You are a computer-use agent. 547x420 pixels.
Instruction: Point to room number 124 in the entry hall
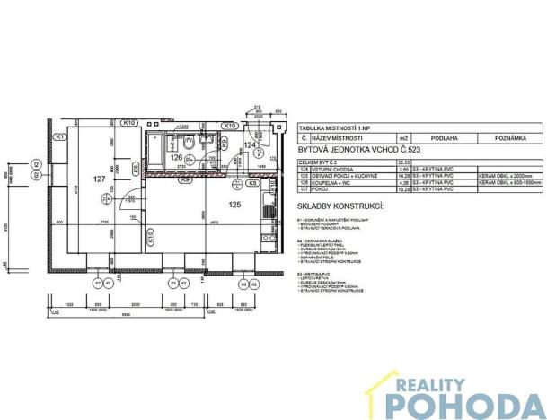[x=251, y=144]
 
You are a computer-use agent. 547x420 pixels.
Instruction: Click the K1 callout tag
[x=59, y=137]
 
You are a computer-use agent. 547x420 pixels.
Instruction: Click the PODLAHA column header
[x=437, y=139]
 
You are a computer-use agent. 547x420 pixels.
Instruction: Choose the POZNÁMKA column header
[x=503, y=139]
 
